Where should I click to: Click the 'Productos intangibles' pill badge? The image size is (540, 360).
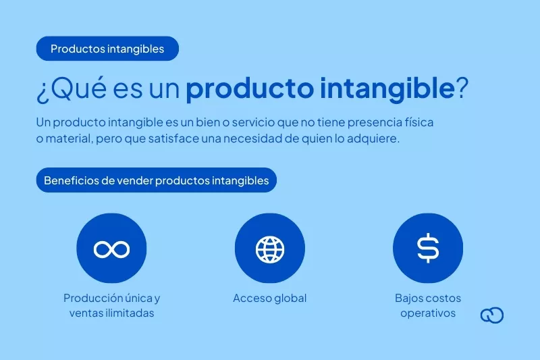[x=107, y=49]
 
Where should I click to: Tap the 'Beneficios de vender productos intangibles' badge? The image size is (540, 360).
[x=157, y=180]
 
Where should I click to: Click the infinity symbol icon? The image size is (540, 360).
[x=111, y=249]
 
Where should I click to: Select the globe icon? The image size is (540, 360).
[x=270, y=249]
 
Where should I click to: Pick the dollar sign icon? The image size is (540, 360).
[x=428, y=248]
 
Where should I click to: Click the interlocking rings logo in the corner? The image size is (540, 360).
[x=492, y=315]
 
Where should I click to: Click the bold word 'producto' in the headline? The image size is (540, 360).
[x=250, y=89]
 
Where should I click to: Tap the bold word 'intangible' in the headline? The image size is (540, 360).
[x=387, y=88]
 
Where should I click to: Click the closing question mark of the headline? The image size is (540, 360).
[x=462, y=88]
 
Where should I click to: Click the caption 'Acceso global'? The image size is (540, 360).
[x=269, y=298]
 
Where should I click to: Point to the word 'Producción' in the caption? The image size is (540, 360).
[x=93, y=298]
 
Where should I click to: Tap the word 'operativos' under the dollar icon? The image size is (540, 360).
[x=428, y=313]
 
